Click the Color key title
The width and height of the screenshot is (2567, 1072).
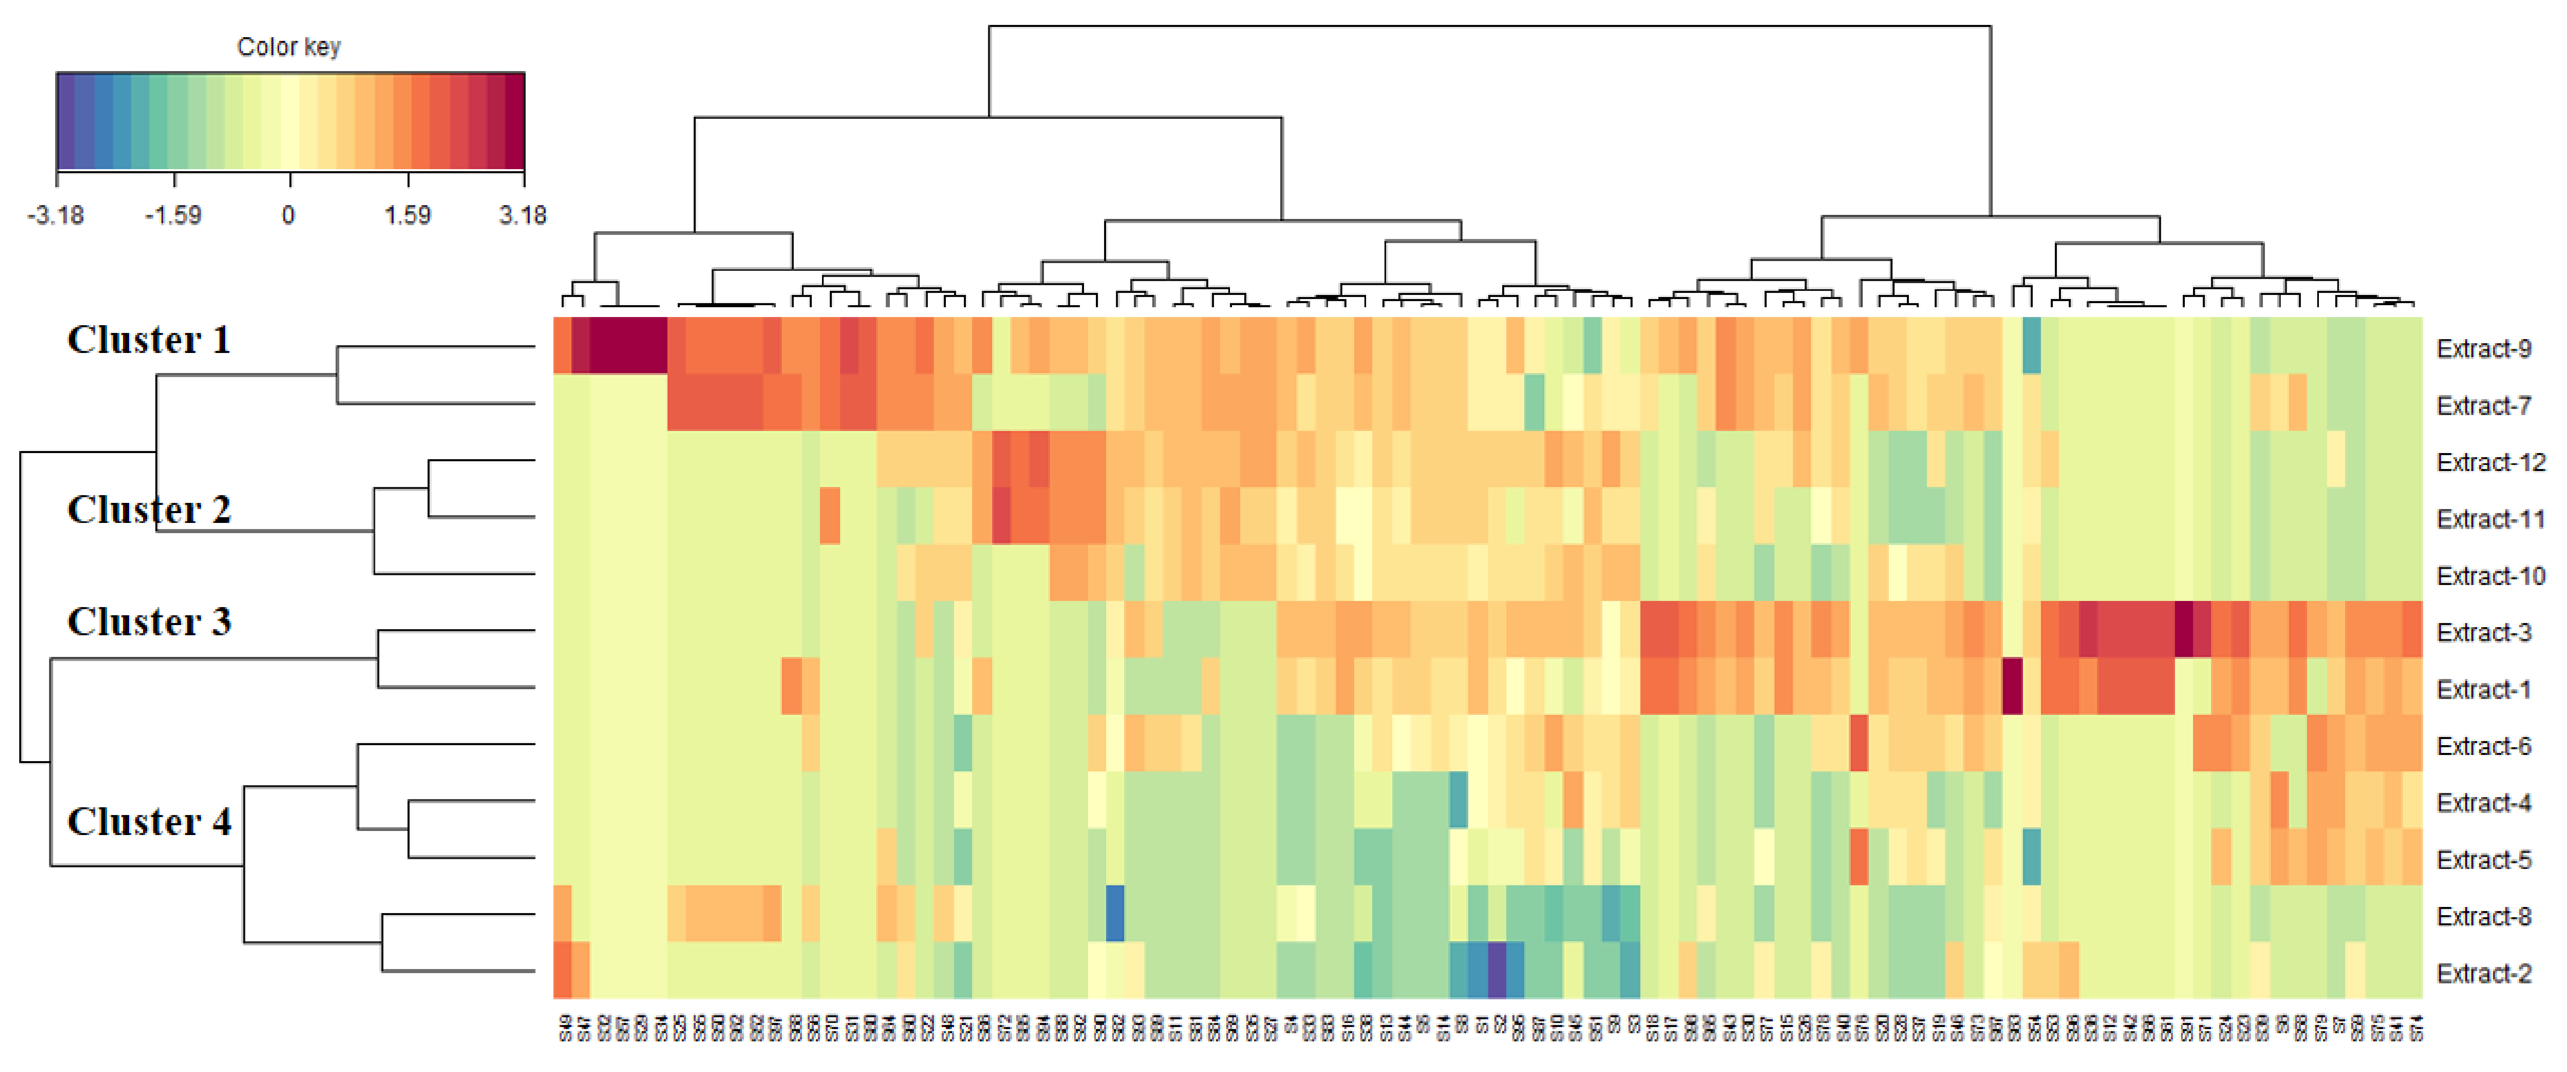(289, 47)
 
